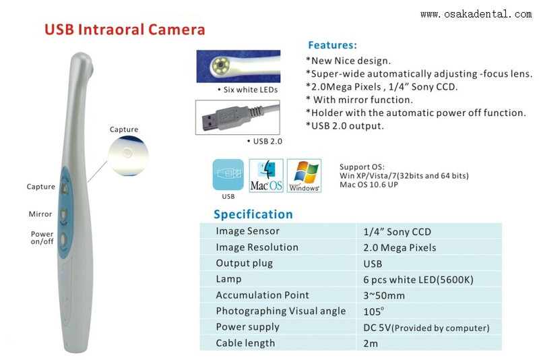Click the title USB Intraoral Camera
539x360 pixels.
[125, 30]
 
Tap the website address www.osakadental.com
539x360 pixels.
[476, 13]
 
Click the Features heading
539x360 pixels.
[332, 46]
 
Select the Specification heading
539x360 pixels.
[253, 214]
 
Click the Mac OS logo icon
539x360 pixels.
[266, 175]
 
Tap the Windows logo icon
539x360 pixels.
[304, 175]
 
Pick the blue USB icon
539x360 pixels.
[228, 174]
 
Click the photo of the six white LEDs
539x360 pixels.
[238, 67]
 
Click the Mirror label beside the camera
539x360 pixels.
[40, 214]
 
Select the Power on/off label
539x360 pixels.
[42, 238]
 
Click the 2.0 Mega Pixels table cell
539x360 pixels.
[400, 247]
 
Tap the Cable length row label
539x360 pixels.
[245, 343]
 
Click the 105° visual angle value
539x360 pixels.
[373, 311]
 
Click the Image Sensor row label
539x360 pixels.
[247, 231]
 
